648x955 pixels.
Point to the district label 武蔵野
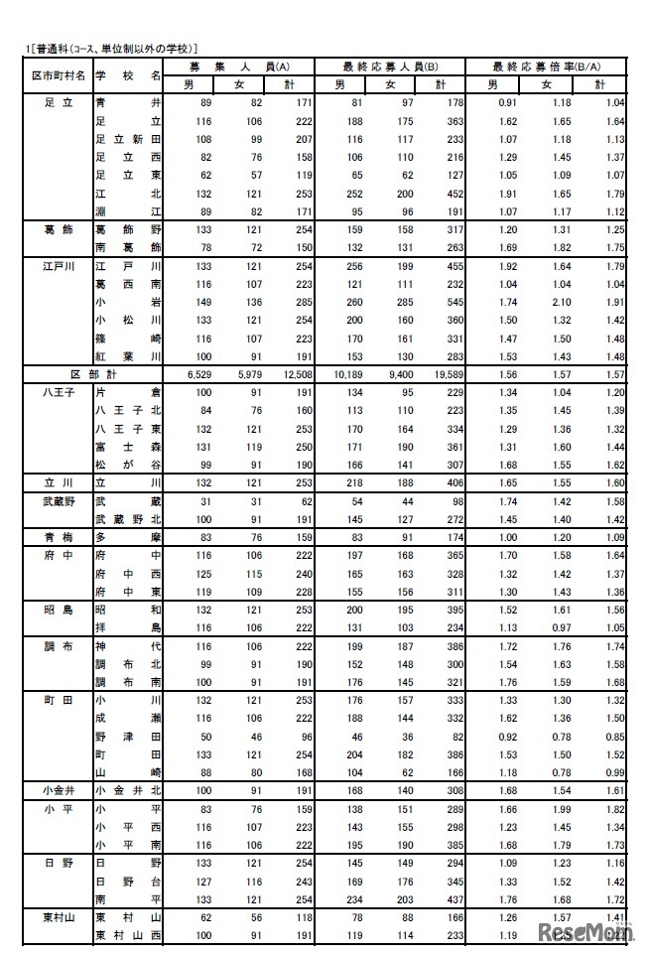click(x=57, y=502)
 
